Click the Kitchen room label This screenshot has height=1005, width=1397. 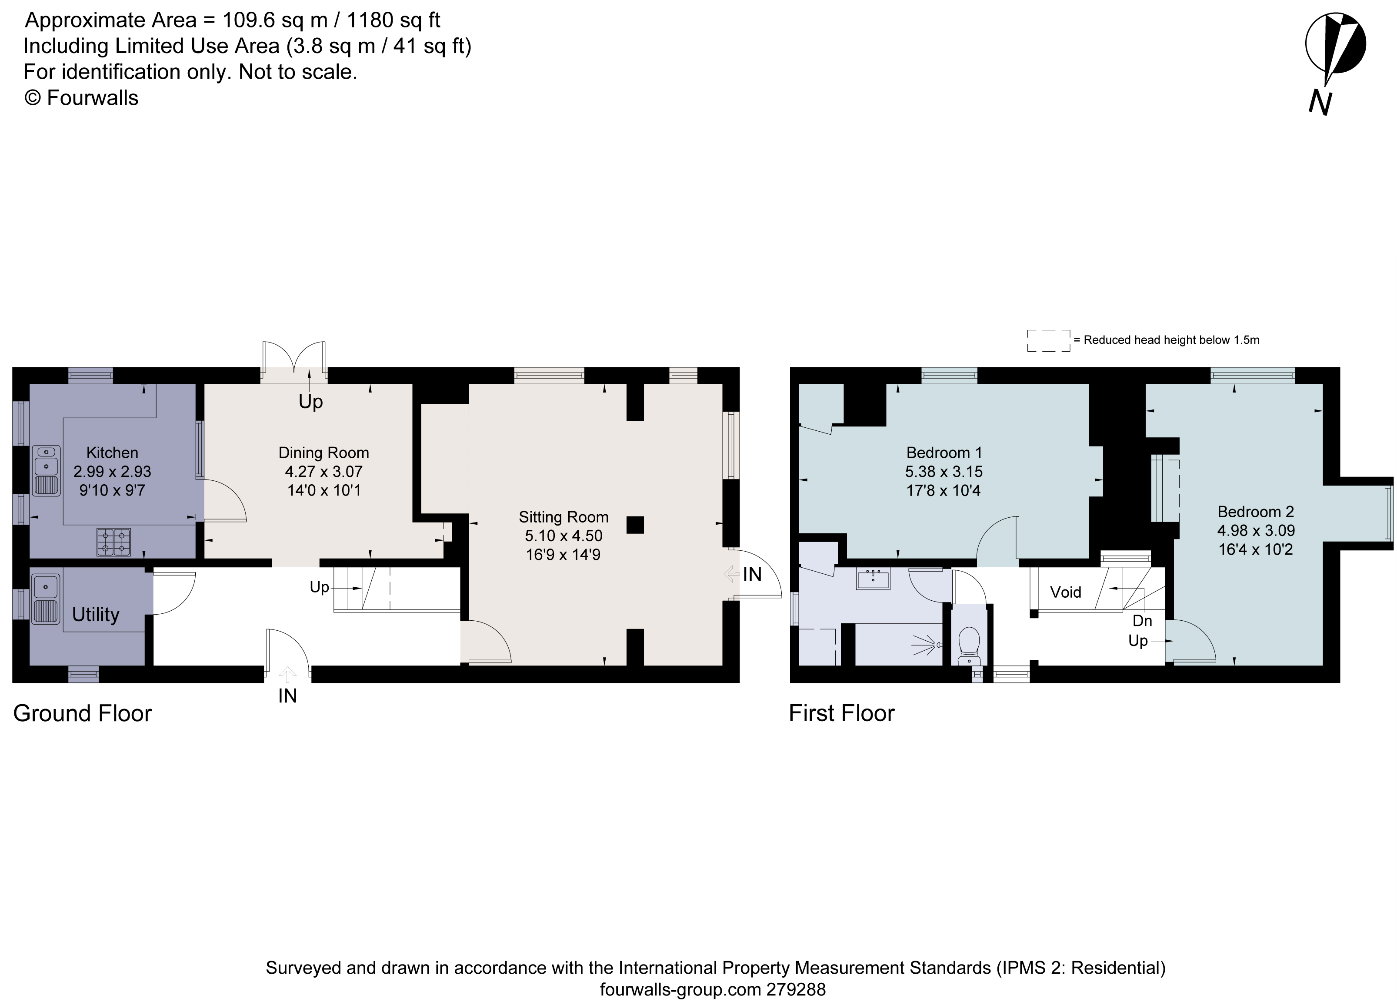click(112, 453)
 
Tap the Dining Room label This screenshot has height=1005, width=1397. click(323, 453)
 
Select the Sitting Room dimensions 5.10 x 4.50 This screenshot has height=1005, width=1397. click(563, 536)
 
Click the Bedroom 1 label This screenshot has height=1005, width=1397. click(944, 453)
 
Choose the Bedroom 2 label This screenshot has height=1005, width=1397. click(1255, 511)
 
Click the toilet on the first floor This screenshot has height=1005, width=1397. click(970, 643)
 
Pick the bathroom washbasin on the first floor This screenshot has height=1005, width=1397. click(873, 579)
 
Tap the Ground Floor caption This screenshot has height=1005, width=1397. click(83, 713)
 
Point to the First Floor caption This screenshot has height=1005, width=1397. click(841, 713)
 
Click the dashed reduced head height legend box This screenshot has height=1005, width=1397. click(1048, 340)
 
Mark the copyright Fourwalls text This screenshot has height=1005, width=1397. click(81, 98)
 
